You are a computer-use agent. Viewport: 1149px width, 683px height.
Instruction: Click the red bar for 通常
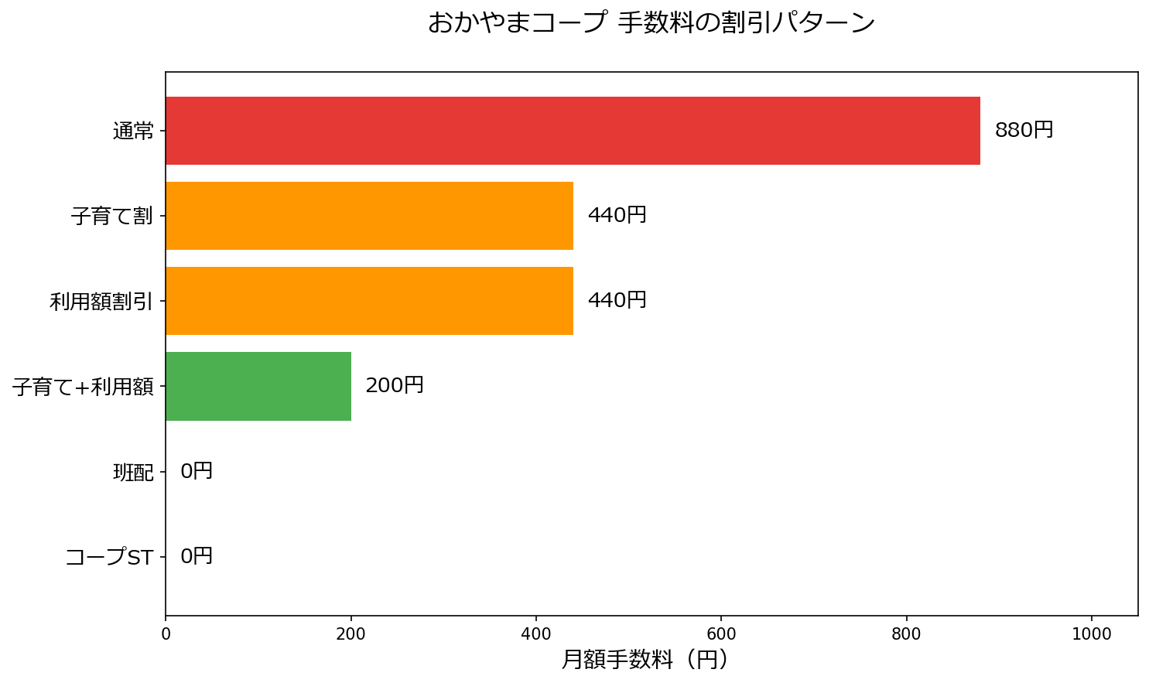click(x=573, y=131)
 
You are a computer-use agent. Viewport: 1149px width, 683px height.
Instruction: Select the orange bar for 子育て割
click(x=369, y=216)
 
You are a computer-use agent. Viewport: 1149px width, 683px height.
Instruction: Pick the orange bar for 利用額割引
click(x=369, y=301)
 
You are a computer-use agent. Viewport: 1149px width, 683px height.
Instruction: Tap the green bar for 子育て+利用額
click(x=258, y=386)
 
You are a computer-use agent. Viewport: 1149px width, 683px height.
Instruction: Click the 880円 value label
click(x=1024, y=130)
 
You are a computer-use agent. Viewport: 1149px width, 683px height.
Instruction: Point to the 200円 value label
click(x=395, y=385)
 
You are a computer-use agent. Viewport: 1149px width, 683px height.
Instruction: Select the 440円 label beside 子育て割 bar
click(x=617, y=215)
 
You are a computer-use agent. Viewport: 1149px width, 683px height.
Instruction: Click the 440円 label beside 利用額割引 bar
click(x=617, y=300)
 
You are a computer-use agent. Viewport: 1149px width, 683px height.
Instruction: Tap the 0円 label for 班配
click(x=197, y=471)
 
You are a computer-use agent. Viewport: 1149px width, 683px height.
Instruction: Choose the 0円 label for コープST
click(x=197, y=556)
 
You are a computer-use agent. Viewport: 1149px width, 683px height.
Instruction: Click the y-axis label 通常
click(x=133, y=131)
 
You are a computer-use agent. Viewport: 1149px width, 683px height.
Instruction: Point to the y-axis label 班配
click(x=133, y=472)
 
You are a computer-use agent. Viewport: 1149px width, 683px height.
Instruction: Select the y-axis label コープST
click(x=109, y=557)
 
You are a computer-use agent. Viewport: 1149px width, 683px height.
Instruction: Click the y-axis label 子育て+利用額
click(x=83, y=387)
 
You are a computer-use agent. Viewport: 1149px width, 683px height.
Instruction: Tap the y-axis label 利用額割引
click(x=101, y=302)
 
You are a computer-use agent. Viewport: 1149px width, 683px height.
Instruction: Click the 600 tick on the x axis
click(x=721, y=634)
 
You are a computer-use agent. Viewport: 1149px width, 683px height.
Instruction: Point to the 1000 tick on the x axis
click(x=1092, y=634)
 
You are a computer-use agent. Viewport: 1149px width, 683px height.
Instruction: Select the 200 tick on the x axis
click(x=351, y=634)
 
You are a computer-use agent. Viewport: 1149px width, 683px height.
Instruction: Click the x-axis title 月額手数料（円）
click(x=645, y=660)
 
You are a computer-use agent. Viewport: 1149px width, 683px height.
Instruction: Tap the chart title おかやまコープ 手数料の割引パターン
click(x=651, y=22)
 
